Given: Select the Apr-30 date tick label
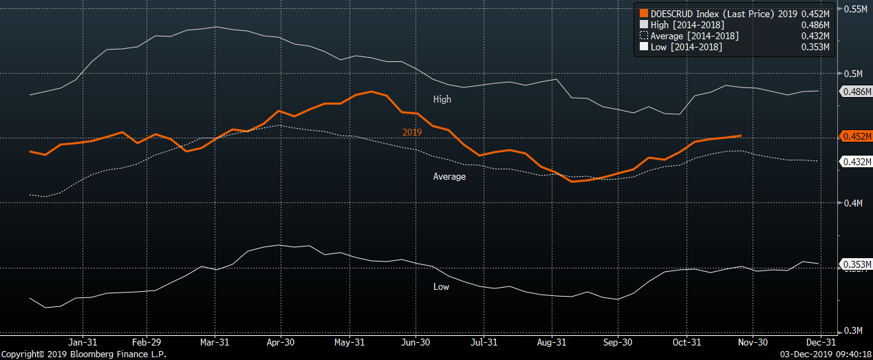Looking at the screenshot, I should (281, 342).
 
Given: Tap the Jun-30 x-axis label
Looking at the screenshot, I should (416, 342).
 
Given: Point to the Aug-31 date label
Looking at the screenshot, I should (551, 342).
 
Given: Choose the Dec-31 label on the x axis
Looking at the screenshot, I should (821, 342).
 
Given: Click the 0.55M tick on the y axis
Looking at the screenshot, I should (856, 10).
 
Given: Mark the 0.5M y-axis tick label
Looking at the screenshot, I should (853, 74).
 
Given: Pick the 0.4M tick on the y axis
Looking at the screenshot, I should (853, 203).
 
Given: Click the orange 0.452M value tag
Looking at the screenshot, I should (855, 136).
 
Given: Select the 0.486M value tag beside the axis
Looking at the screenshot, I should (855, 92).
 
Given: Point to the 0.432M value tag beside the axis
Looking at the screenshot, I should (855, 162).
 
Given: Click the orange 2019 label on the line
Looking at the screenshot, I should (412, 132).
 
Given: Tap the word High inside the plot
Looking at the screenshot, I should (442, 99).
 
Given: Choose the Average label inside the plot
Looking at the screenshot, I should (449, 177).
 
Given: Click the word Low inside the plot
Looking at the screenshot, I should (441, 286).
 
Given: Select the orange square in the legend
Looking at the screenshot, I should (643, 13).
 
